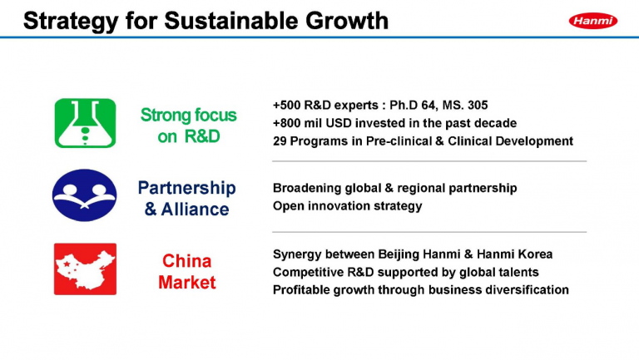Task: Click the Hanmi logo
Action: click(x=593, y=21)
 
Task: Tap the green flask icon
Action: click(x=85, y=123)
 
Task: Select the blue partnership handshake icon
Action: click(x=84, y=195)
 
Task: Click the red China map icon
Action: click(x=85, y=269)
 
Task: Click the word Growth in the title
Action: click(x=347, y=20)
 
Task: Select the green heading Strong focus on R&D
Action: click(x=188, y=126)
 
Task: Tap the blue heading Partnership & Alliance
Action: click(x=186, y=199)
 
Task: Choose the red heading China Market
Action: click(x=186, y=272)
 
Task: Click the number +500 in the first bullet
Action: click(x=287, y=105)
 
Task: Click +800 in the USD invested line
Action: click(x=287, y=123)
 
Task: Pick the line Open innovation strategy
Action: click(x=347, y=205)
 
